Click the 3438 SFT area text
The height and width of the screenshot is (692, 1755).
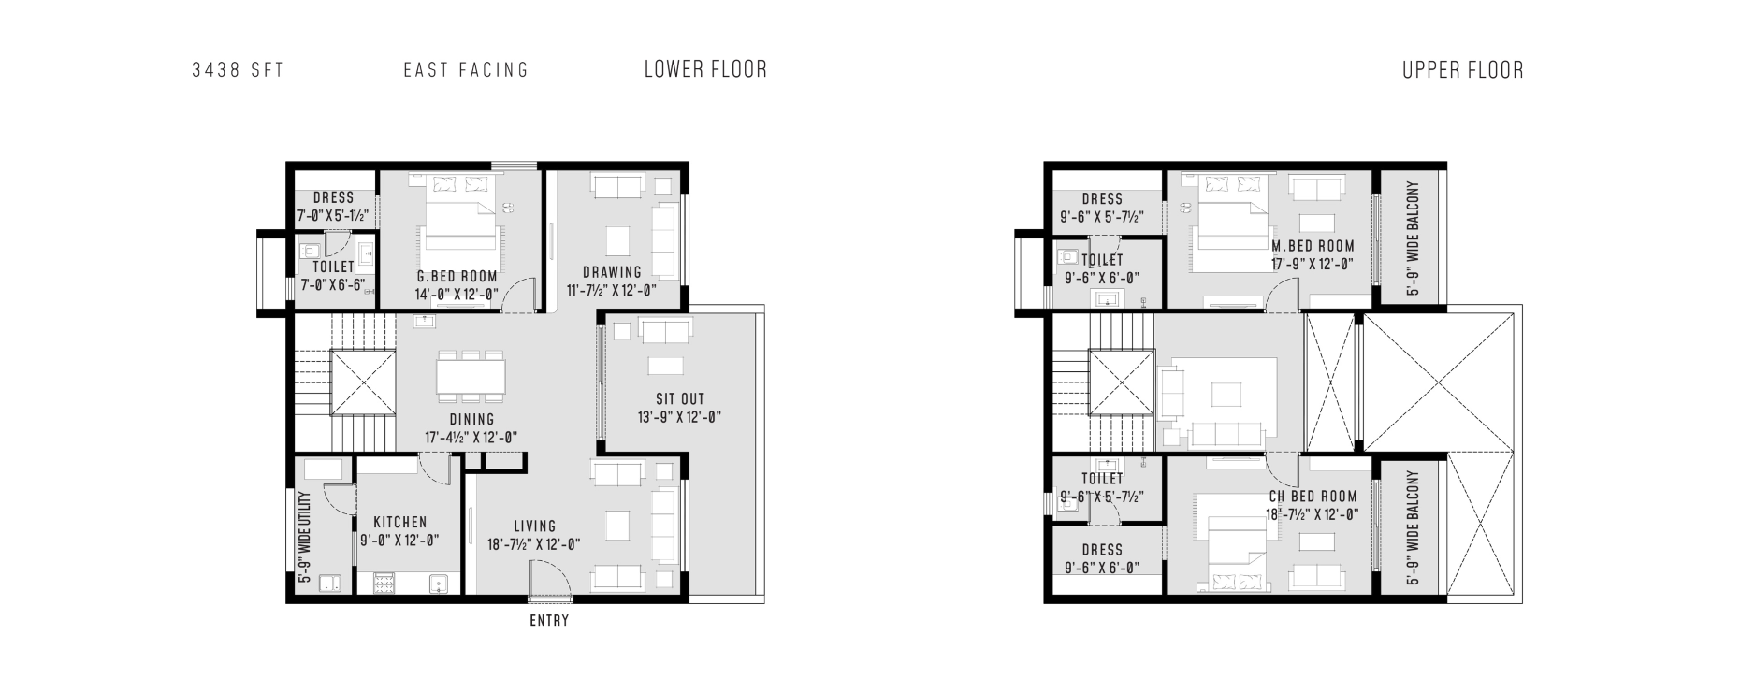tap(238, 70)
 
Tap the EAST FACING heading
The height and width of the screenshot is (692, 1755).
tap(466, 70)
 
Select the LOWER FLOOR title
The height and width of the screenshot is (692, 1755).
tap(705, 69)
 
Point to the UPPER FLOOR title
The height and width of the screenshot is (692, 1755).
tap(1462, 70)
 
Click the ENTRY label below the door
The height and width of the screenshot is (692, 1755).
tap(549, 620)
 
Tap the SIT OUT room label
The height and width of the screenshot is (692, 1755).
tap(680, 399)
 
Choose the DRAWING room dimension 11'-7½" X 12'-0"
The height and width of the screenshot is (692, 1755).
tap(612, 290)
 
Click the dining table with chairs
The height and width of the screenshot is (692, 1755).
tap(471, 375)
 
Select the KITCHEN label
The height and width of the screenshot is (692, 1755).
tap(400, 523)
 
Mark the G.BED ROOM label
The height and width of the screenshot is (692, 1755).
tap(457, 277)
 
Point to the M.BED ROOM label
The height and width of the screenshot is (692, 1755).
tap(1313, 246)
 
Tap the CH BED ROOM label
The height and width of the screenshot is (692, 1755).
tap(1313, 497)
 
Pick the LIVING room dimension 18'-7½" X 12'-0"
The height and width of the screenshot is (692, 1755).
tap(534, 544)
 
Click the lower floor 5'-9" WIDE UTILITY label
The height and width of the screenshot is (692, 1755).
tap(305, 538)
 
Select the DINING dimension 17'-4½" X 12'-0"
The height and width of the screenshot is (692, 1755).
tap(471, 437)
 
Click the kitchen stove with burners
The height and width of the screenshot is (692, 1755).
tap(384, 584)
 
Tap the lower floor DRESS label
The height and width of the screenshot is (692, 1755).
tap(334, 198)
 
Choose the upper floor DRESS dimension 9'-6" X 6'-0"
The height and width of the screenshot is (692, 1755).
tap(1102, 568)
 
